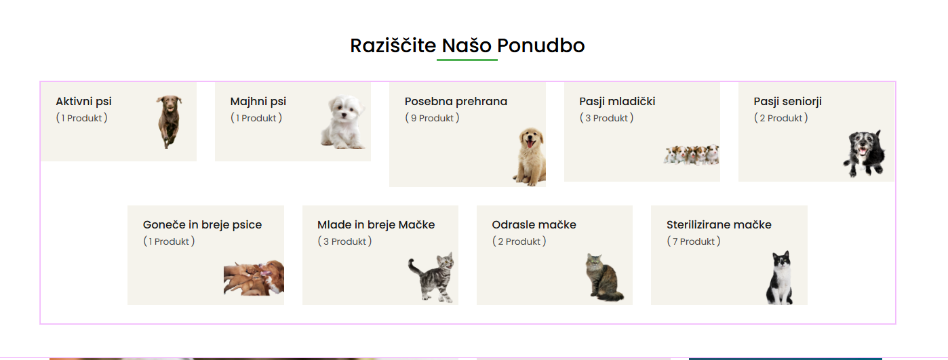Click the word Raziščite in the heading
click(x=393, y=45)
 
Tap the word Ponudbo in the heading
click(x=541, y=45)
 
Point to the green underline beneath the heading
click(x=467, y=60)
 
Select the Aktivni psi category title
click(x=84, y=102)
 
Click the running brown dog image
click(x=170, y=122)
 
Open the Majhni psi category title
click(x=258, y=102)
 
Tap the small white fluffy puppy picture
click(x=343, y=122)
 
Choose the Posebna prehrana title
click(x=456, y=102)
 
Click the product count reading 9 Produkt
click(x=432, y=118)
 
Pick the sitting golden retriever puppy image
click(x=530, y=157)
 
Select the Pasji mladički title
click(x=617, y=102)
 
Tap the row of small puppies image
click(x=692, y=155)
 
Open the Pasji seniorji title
click(x=787, y=102)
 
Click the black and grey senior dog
click(x=864, y=153)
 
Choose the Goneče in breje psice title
click(x=202, y=224)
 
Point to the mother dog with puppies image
click(x=254, y=278)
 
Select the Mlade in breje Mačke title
click(x=376, y=224)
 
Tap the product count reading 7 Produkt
click(x=694, y=241)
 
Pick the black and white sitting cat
click(x=780, y=277)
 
